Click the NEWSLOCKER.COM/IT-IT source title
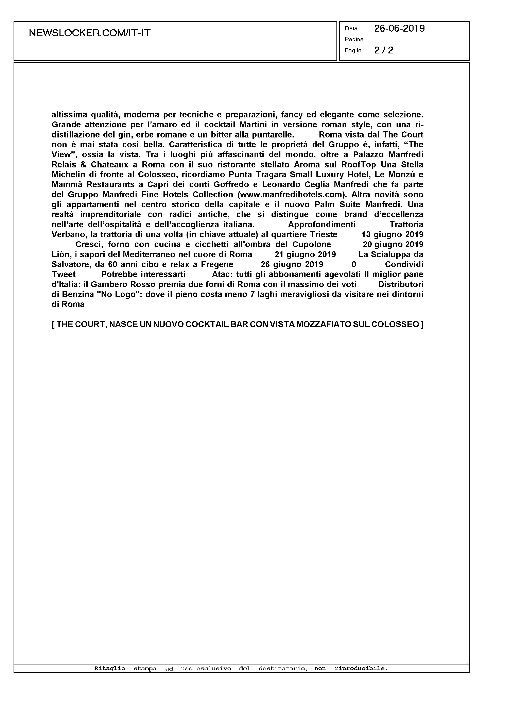pyautogui.click(x=90, y=33)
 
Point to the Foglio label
pyautogui.click(x=353, y=50)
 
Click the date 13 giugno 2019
pyautogui.click(x=392, y=234)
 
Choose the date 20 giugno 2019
pyautogui.click(x=393, y=244)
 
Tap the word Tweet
pyautogui.click(x=64, y=274)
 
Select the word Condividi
pyautogui.click(x=404, y=264)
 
